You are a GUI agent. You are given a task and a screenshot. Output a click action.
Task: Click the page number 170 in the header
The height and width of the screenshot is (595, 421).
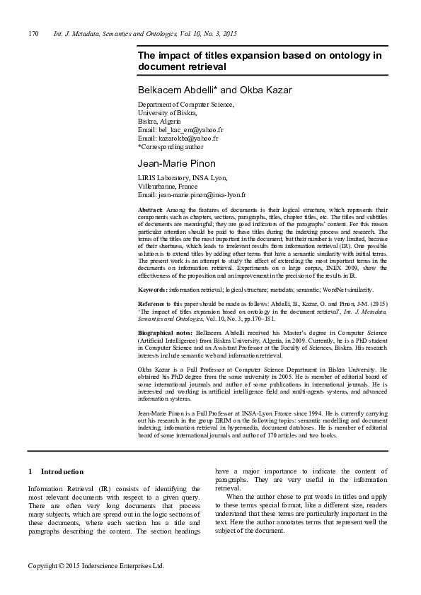[x=33, y=34]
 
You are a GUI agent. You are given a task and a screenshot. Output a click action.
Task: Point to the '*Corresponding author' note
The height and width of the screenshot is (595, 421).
[x=171, y=147]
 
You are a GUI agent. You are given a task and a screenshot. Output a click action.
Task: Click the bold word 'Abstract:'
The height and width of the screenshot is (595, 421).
[x=150, y=211]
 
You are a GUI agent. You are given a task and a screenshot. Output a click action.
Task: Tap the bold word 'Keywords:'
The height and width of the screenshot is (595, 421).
[x=152, y=290]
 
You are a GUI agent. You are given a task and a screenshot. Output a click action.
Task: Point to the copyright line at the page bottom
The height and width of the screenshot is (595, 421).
[x=96, y=566]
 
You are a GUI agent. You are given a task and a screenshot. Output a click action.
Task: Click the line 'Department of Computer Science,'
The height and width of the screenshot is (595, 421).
[x=185, y=105]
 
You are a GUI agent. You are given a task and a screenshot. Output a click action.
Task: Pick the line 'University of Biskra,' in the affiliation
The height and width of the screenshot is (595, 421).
[x=167, y=113]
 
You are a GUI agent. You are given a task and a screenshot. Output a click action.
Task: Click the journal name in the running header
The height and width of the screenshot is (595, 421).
[x=145, y=34]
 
